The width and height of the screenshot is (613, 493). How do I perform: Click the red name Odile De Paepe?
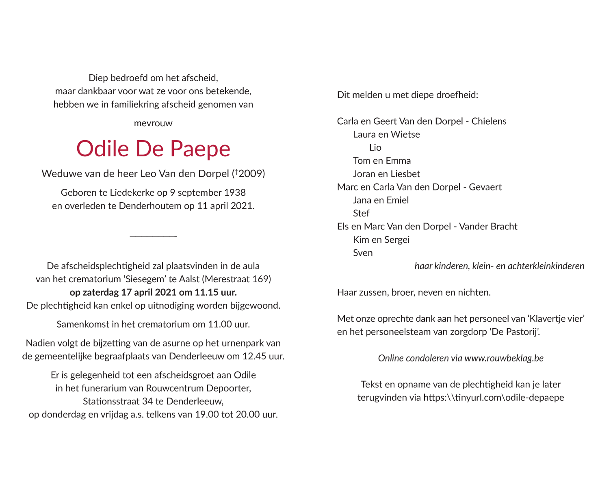pos(153,149)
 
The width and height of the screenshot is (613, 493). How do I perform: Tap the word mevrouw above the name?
pos(153,123)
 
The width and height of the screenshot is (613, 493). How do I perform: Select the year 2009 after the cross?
pos(250,174)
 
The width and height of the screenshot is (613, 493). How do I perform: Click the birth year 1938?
pos(235,192)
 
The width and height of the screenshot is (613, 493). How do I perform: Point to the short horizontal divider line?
pos(153,236)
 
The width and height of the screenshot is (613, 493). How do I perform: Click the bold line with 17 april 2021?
pos(153,292)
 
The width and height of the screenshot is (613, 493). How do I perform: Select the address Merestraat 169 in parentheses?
pos(237,279)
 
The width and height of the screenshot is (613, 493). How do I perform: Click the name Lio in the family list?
pos(375,148)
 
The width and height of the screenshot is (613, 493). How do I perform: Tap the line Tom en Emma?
pos(382,161)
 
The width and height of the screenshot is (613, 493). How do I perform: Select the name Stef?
pos(361,214)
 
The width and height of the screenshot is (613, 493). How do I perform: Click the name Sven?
pos(363,253)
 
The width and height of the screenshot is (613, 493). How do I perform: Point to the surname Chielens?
pos(489,121)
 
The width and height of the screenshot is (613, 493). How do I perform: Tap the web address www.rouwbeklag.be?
pos(504,358)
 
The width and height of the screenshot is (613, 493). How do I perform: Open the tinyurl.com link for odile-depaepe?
pos(494,398)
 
